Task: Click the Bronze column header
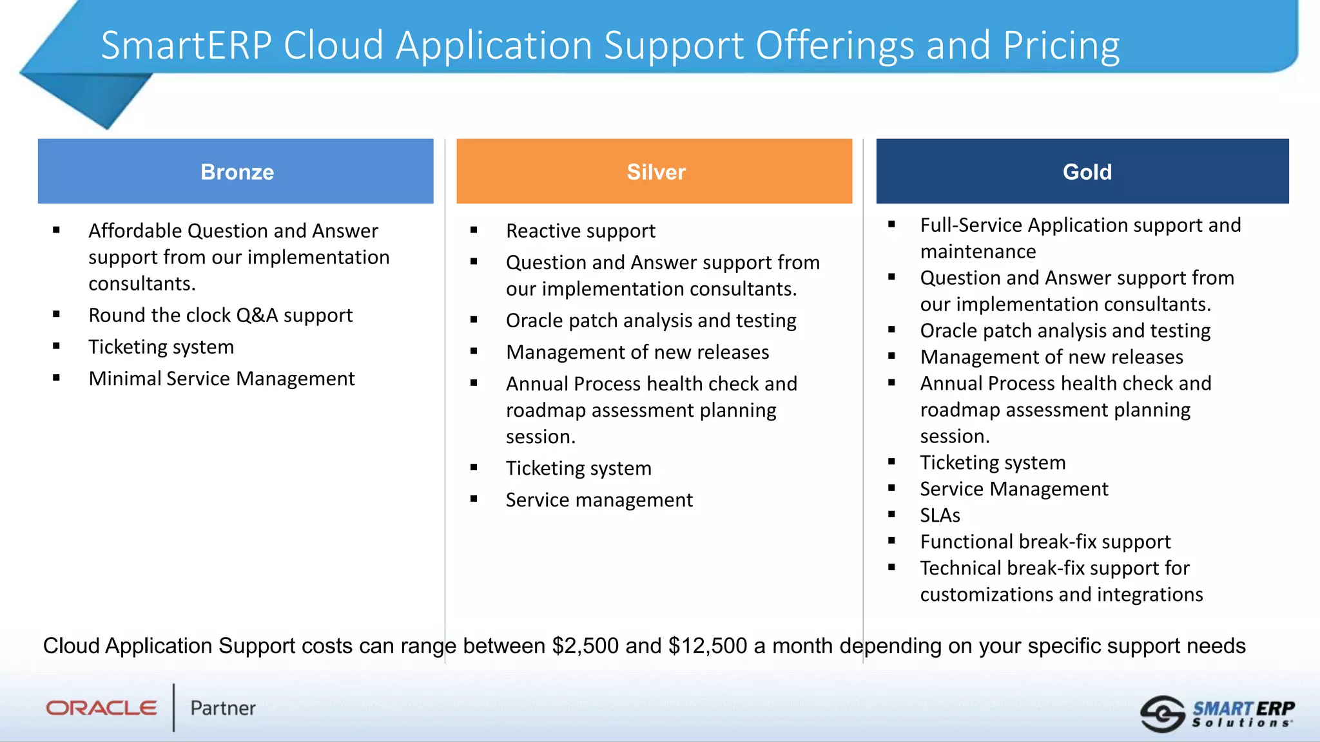[x=236, y=171]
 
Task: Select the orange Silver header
[x=654, y=171]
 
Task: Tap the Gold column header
[x=1083, y=171]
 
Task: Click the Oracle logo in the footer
[x=101, y=708]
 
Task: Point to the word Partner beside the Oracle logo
[x=223, y=708]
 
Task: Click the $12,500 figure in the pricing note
[x=708, y=645]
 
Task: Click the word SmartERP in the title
[x=186, y=45]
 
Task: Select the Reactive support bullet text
[x=580, y=231]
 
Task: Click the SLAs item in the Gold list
[x=940, y=515]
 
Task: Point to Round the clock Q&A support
[x=220, y=315]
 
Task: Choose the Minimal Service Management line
[x=222, y=378]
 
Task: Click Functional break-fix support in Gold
[x=1045, y=542]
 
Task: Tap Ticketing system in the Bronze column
[x=161, y=347]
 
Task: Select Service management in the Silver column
[x=599, y=500]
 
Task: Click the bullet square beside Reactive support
[x=474, y=230]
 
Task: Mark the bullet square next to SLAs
[x=891, y=515]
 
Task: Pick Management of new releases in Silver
[x=637, y=352]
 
